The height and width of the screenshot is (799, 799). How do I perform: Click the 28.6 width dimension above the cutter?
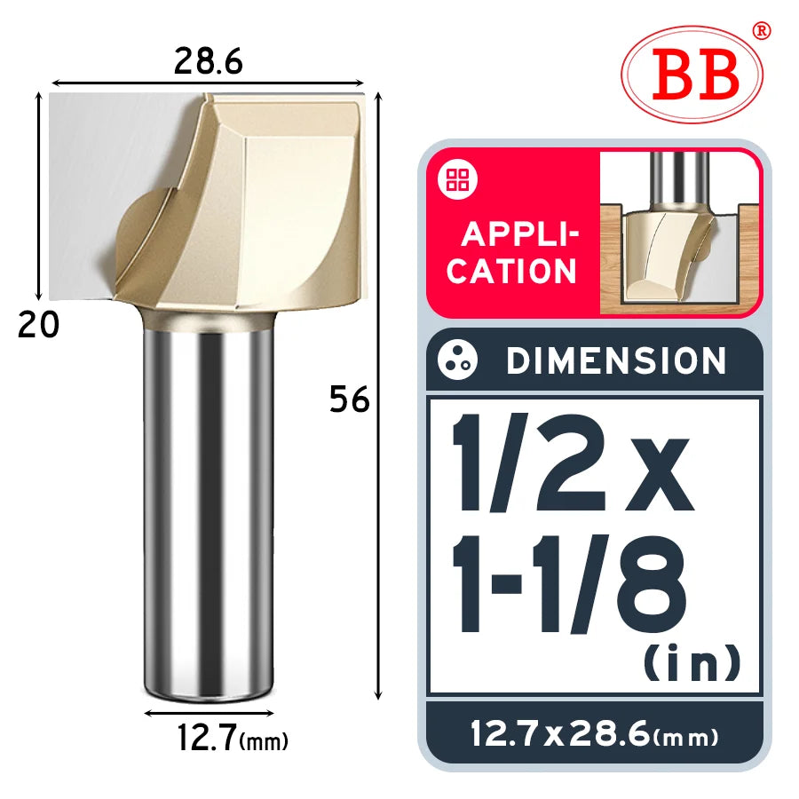point(208,61)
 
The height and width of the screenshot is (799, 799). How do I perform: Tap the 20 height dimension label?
point(38,325)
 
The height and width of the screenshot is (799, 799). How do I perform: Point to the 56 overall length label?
point(349,399)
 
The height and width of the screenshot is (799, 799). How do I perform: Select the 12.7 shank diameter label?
point(206,738)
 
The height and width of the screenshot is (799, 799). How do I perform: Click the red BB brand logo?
point(694,75)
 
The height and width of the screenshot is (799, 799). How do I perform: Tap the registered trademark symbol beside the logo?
point(762,31)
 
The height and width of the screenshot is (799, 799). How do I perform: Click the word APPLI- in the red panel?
point(520,234)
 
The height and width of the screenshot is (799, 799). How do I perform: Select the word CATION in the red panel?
point(511,271)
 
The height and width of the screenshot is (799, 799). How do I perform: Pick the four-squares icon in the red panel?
point(457,179)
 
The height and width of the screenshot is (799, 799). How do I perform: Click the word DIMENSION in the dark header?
point(616,360)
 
